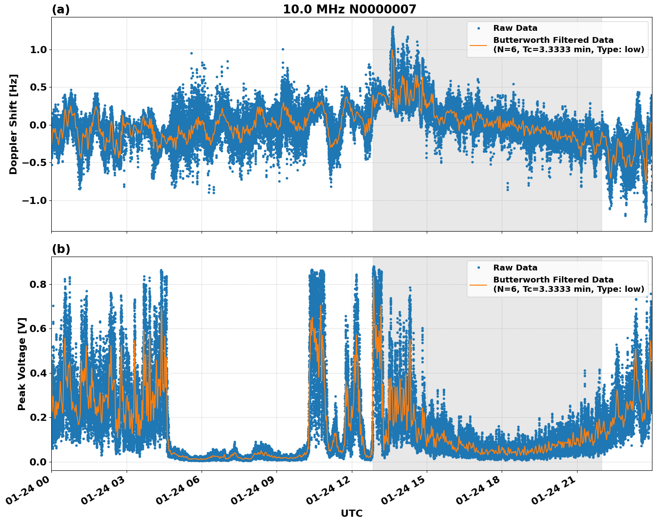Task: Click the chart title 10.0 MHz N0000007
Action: pyautogui.click(x=349, y=9)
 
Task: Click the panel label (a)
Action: pyautogui.click(x=61, y=9)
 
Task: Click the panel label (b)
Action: pyautogui.click(x=61, y=249)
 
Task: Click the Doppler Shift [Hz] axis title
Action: pyautogui.click(x=13, y=124)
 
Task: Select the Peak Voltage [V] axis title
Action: pyautogui.click(x=22, y=364)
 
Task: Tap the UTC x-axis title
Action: pyautogui.click(x=351, y=513)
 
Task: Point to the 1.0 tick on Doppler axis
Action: pyautogui.click(x=38, y=50)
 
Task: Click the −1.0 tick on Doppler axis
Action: pyautogui.click(x=35, y=200)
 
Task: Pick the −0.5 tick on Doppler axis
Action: pyautogui.click(x=35, y=162)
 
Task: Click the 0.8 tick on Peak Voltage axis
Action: pyautogui.click(x=38, y=284)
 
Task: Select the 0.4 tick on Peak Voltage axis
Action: pyautogui.click(x=38, y=373)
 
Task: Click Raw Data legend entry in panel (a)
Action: pyautogui.click(x=515, y=28)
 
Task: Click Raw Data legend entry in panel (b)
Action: pyautogui.click(x=515, y=268)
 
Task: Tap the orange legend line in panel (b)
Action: pyautogui.click(x=478, y=284)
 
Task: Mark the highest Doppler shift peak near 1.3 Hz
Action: pyautogui.click(x=393, y=28)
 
